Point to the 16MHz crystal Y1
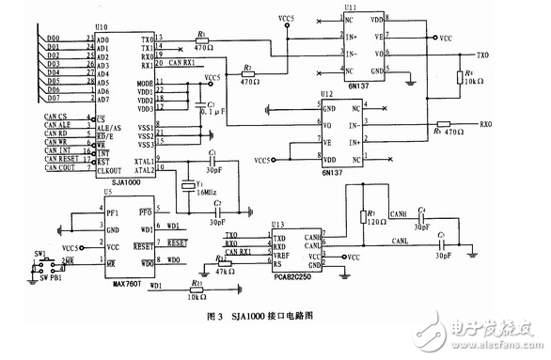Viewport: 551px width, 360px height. point(188,186)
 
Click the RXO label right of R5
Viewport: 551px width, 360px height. point(485,124)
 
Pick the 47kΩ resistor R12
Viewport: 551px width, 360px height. point(224,260)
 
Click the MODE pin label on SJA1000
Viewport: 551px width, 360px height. point(145,83)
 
